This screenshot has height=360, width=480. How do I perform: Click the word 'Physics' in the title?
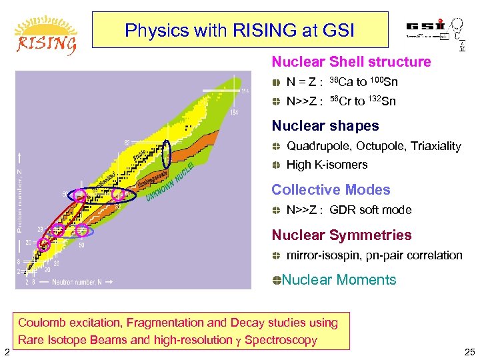tap(149, 30)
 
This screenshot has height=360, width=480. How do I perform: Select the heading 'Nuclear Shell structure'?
tap(351, 62)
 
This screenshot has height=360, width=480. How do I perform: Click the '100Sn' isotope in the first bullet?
tap(383, 83)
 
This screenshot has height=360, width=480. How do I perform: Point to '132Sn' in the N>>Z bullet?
tap(381, 101)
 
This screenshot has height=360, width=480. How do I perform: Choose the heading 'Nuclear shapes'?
tap(325, 126)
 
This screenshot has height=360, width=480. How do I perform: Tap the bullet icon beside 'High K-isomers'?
tap(277, 165)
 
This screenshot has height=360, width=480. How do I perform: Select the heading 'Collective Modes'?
tap(331, 190)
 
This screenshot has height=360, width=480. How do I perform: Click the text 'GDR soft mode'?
tap(370, 210)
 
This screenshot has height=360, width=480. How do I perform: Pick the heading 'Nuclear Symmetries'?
tap(341, 235)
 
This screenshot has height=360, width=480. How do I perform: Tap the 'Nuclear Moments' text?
tap(339, 280)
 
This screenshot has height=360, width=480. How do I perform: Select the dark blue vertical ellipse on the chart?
tap(167, 153)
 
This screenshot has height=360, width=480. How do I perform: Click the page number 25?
tap(468, 352)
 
